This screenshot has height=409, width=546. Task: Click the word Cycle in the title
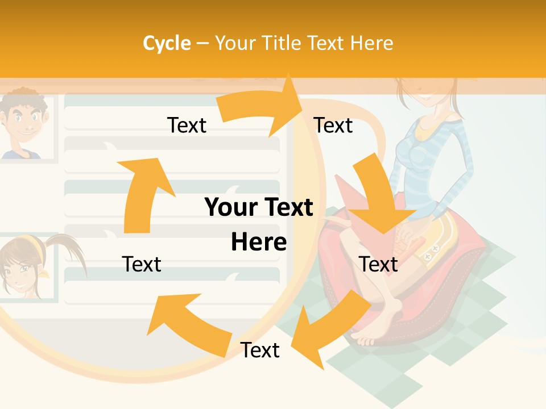pyautogui.click(x=167, y=43)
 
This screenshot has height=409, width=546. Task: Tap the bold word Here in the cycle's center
pyautogui.click(x=259, y=243)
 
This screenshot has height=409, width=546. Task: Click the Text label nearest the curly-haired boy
pyautogui.click(x=187, y=126)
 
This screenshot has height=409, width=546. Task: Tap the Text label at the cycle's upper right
pyautogui.click(x=333, y=126)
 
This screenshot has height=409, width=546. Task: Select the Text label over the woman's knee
pyautogui.click(x=378, y=265)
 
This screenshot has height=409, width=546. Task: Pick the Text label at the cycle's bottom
pyautogui.click(x=260, y=350)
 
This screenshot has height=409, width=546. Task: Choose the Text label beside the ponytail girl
pyautogui.click(x=142, y=265)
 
